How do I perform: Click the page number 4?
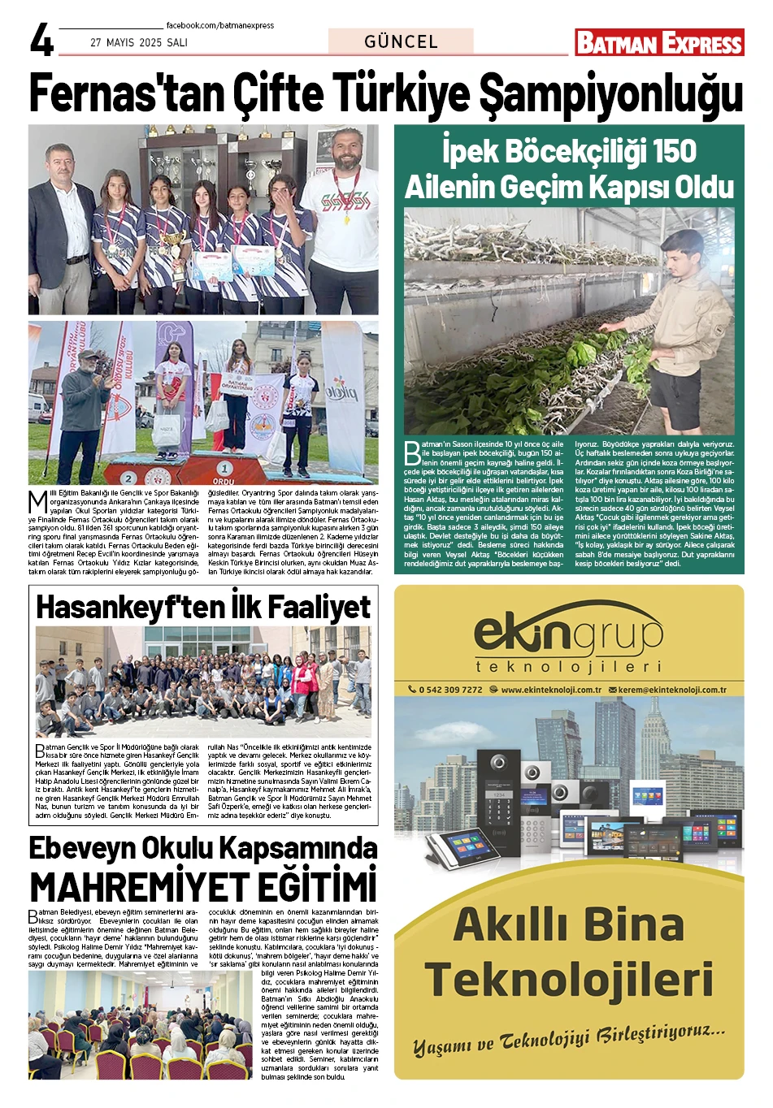click(x=41, y=40)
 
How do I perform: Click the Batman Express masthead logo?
click(x=659, y=42)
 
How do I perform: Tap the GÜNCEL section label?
click(x=401, y=41)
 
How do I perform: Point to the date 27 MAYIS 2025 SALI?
click(x=139, y=42)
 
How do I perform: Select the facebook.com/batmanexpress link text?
click(x=220, y=25)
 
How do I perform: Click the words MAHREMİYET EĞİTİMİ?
click(x=203, y=886)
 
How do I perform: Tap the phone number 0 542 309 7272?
click(x=450, y=690)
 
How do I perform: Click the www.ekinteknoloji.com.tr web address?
click(x=550, y=690)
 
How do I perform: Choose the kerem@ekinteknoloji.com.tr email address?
click(x=671, y=690)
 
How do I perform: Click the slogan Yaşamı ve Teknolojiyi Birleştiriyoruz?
click(x=568, y=1041)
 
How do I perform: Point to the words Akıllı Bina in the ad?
click(x=568, y=924)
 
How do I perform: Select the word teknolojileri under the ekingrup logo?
click(x=568, y=667)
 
